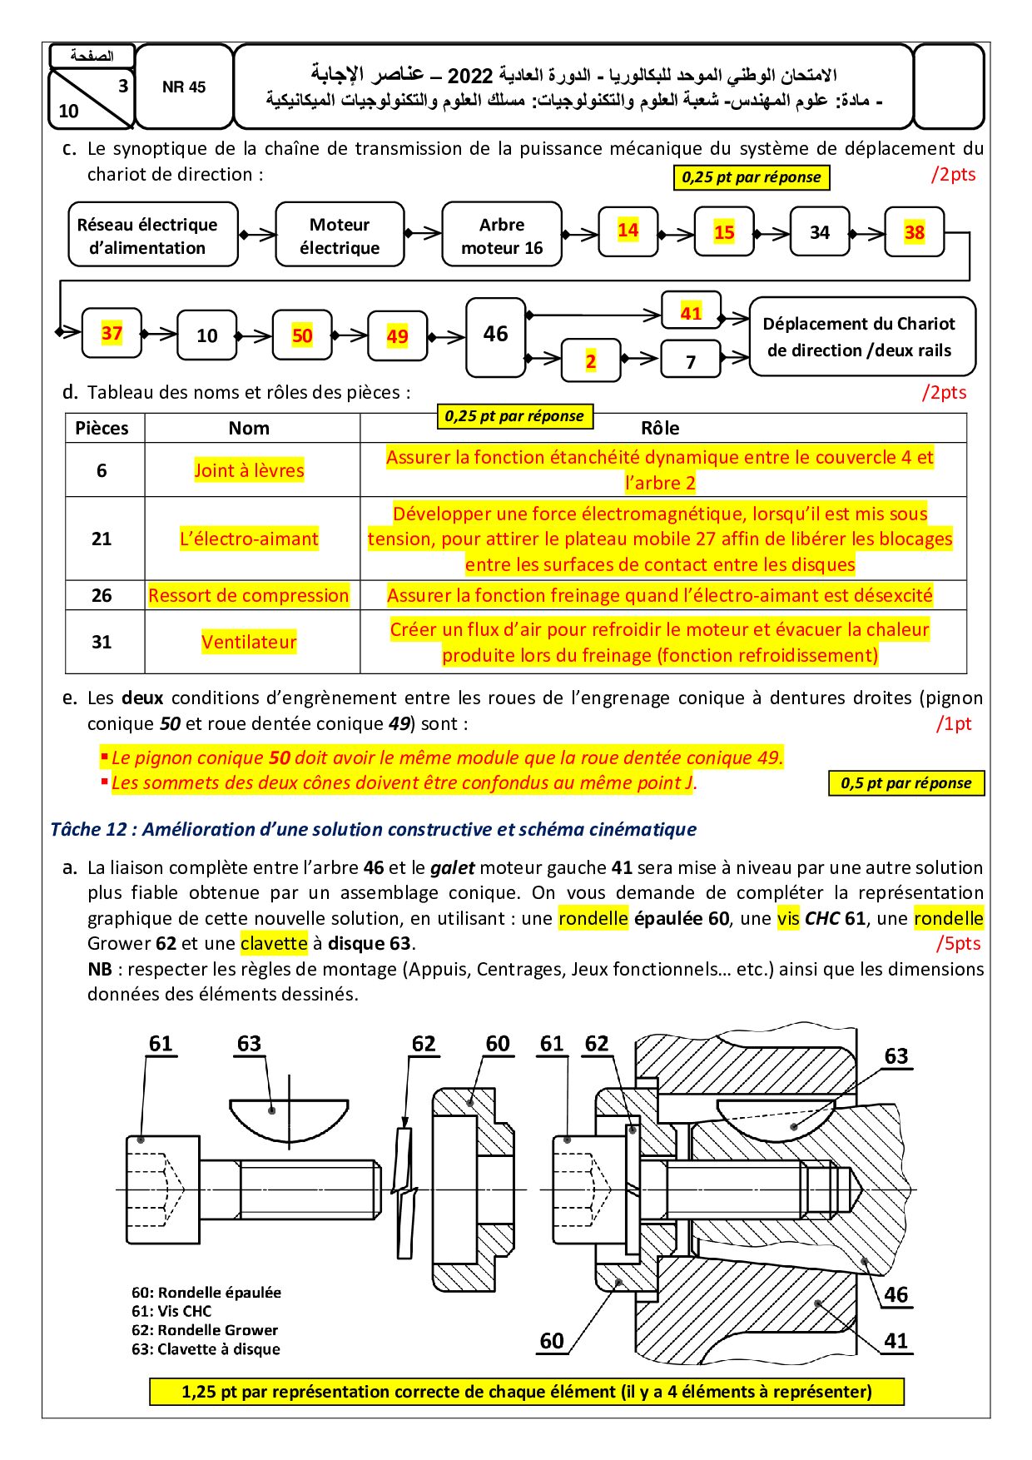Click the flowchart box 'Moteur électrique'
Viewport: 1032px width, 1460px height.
pos(340,236)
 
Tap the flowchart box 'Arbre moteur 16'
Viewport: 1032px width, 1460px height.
pos(502,236)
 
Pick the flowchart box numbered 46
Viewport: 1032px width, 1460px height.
pos(496,335)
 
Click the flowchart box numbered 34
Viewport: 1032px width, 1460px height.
pos(820,232)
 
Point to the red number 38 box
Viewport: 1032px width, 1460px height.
pos(915,232)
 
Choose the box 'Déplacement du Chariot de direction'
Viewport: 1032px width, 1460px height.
pos(861,337)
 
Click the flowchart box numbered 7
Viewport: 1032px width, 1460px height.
pos(691,361)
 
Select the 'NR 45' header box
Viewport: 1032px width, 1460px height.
pos(184,87)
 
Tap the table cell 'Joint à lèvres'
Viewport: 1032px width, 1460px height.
pos(250,470)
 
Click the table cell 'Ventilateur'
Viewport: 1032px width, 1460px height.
pos(250,642)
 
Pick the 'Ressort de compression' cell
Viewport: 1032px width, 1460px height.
pos(249,595)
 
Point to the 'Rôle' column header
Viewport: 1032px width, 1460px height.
pos(660,428)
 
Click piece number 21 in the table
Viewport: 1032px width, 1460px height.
pos(102,539)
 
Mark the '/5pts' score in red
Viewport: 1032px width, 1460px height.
pos(958,943)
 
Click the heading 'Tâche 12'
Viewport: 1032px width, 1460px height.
pos(373,829)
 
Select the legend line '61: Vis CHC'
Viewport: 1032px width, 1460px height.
pos(172,1311)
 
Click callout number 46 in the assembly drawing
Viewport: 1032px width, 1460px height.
pos(896,1294)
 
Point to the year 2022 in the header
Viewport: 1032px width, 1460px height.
pos(470,77)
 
